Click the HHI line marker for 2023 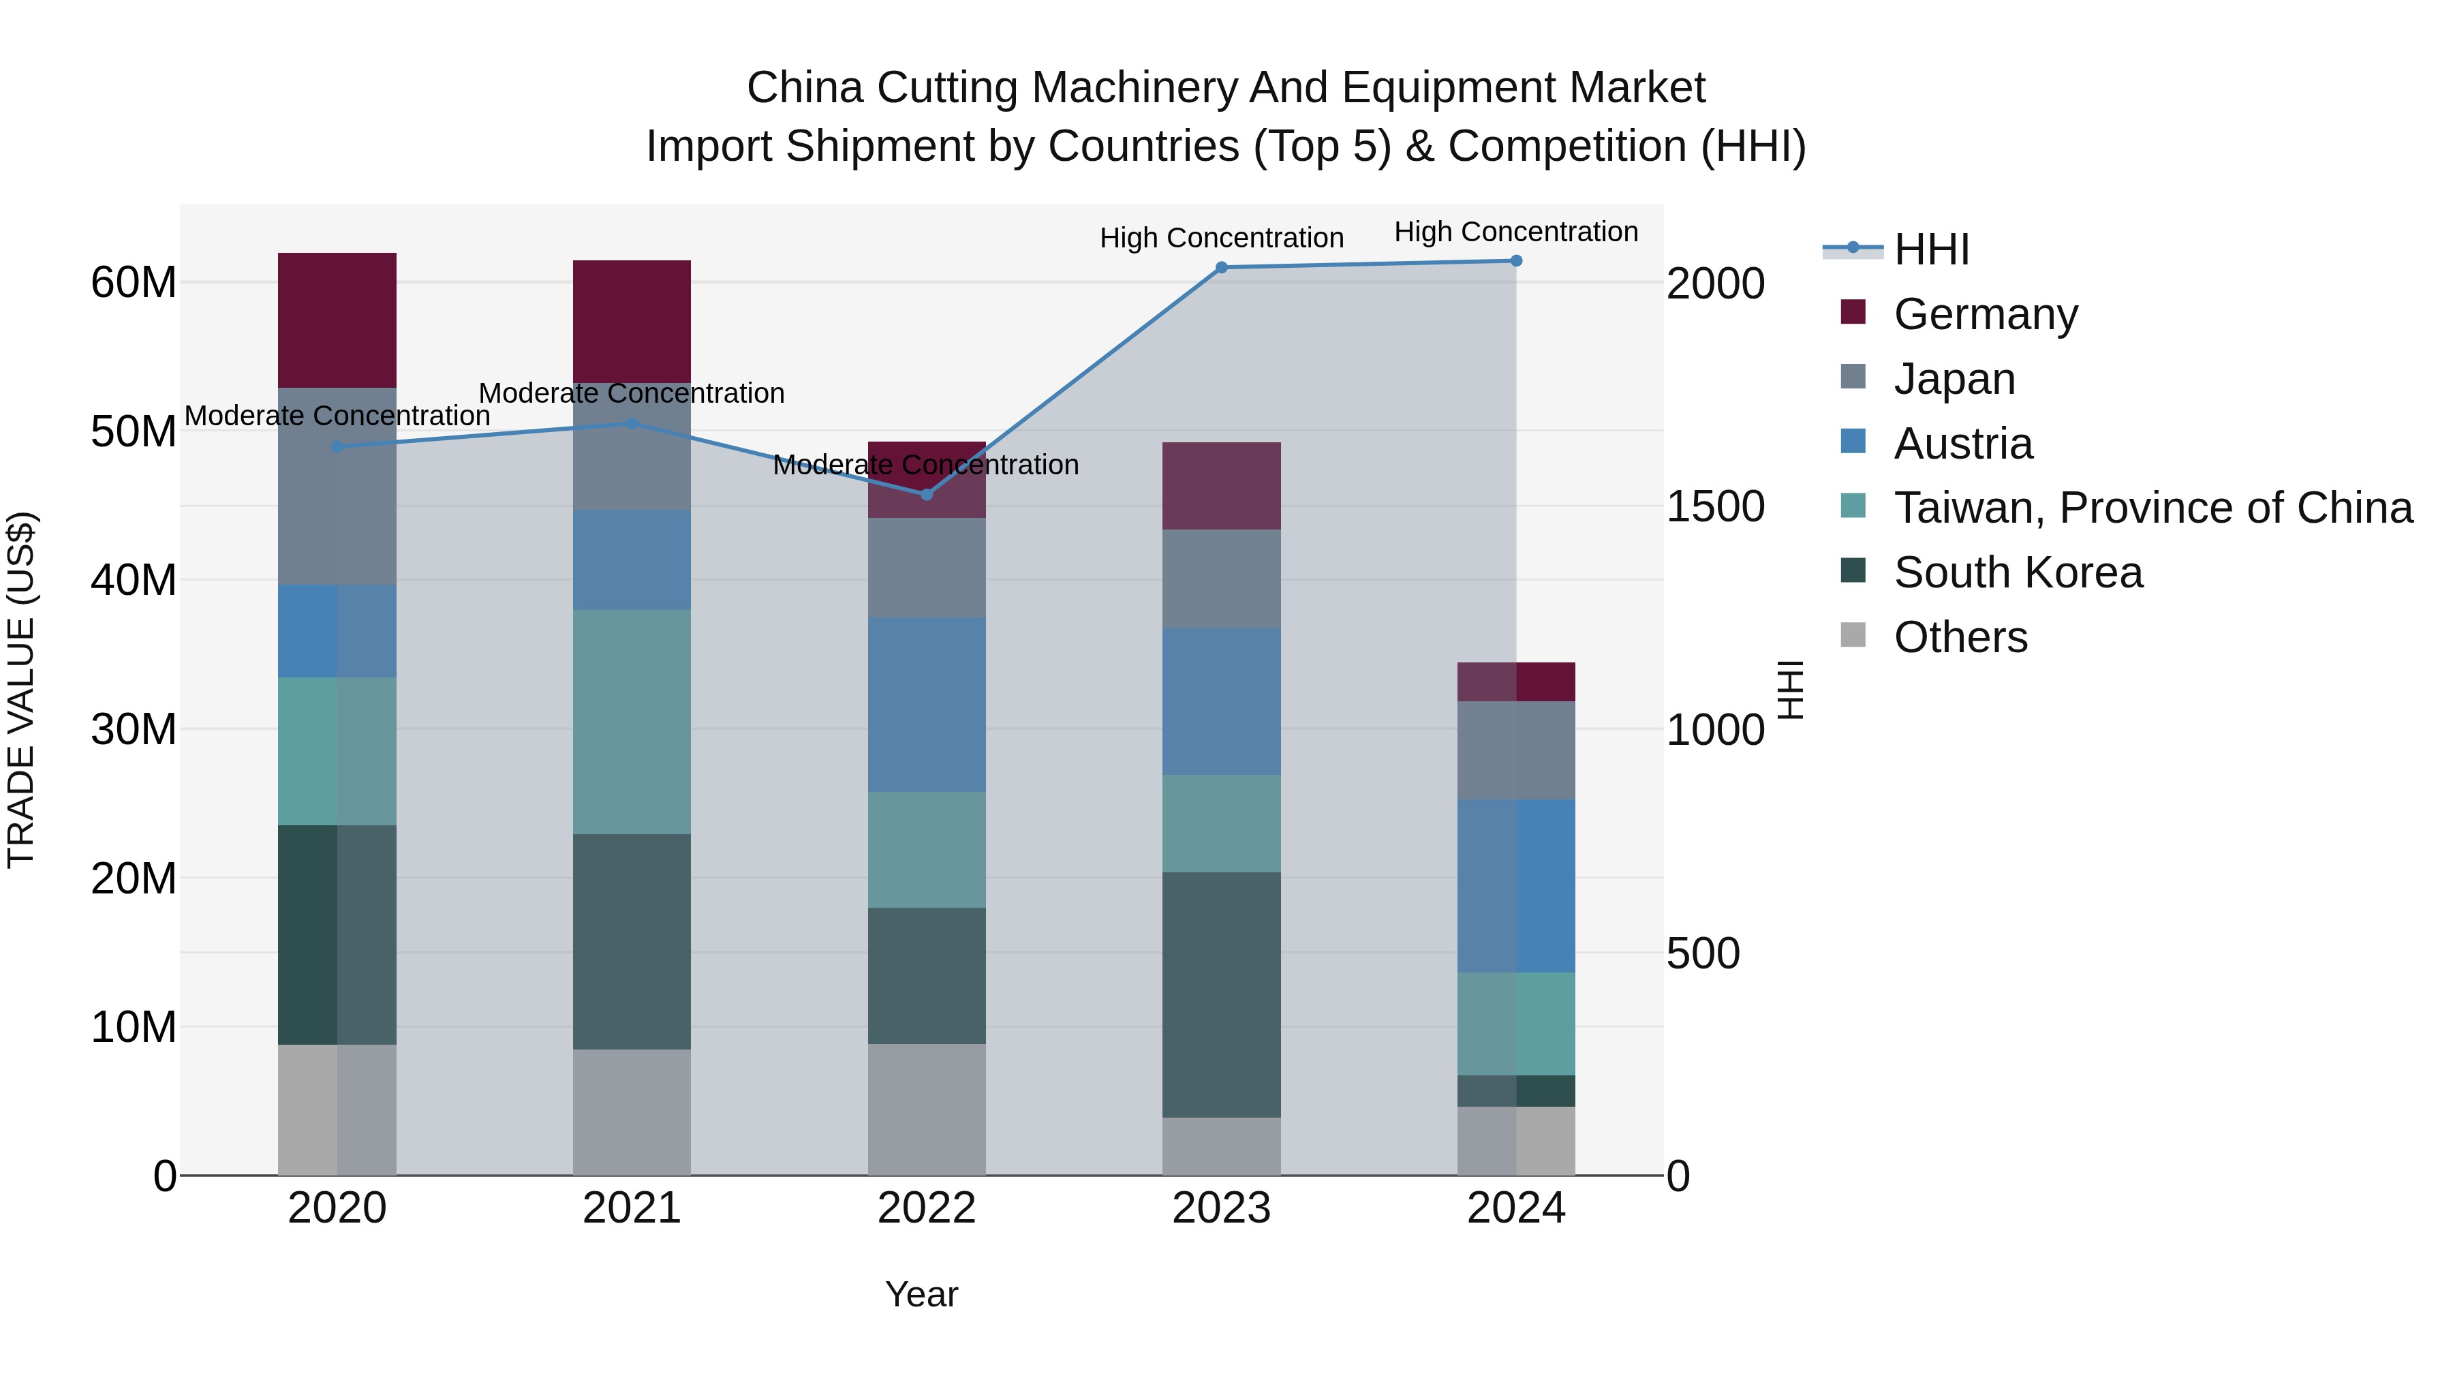click(1222, 268)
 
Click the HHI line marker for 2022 click(927, 494)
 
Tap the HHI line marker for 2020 click(337, 446)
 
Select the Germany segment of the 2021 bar click(632, 321)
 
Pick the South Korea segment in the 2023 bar click(1222, 994)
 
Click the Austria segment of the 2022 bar click(927, 704)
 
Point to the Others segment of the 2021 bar click(632, 1111)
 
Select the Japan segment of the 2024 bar click(1516, 750)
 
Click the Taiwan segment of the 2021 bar click(632, 722)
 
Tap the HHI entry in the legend click(1930, 249)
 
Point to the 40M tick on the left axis click(134, 580)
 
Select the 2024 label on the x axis click(1516, 1208)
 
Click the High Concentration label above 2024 click(1516, 232)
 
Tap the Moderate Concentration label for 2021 click(632, 393)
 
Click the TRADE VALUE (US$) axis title click(21, 690)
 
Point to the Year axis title click(921, 1294)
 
